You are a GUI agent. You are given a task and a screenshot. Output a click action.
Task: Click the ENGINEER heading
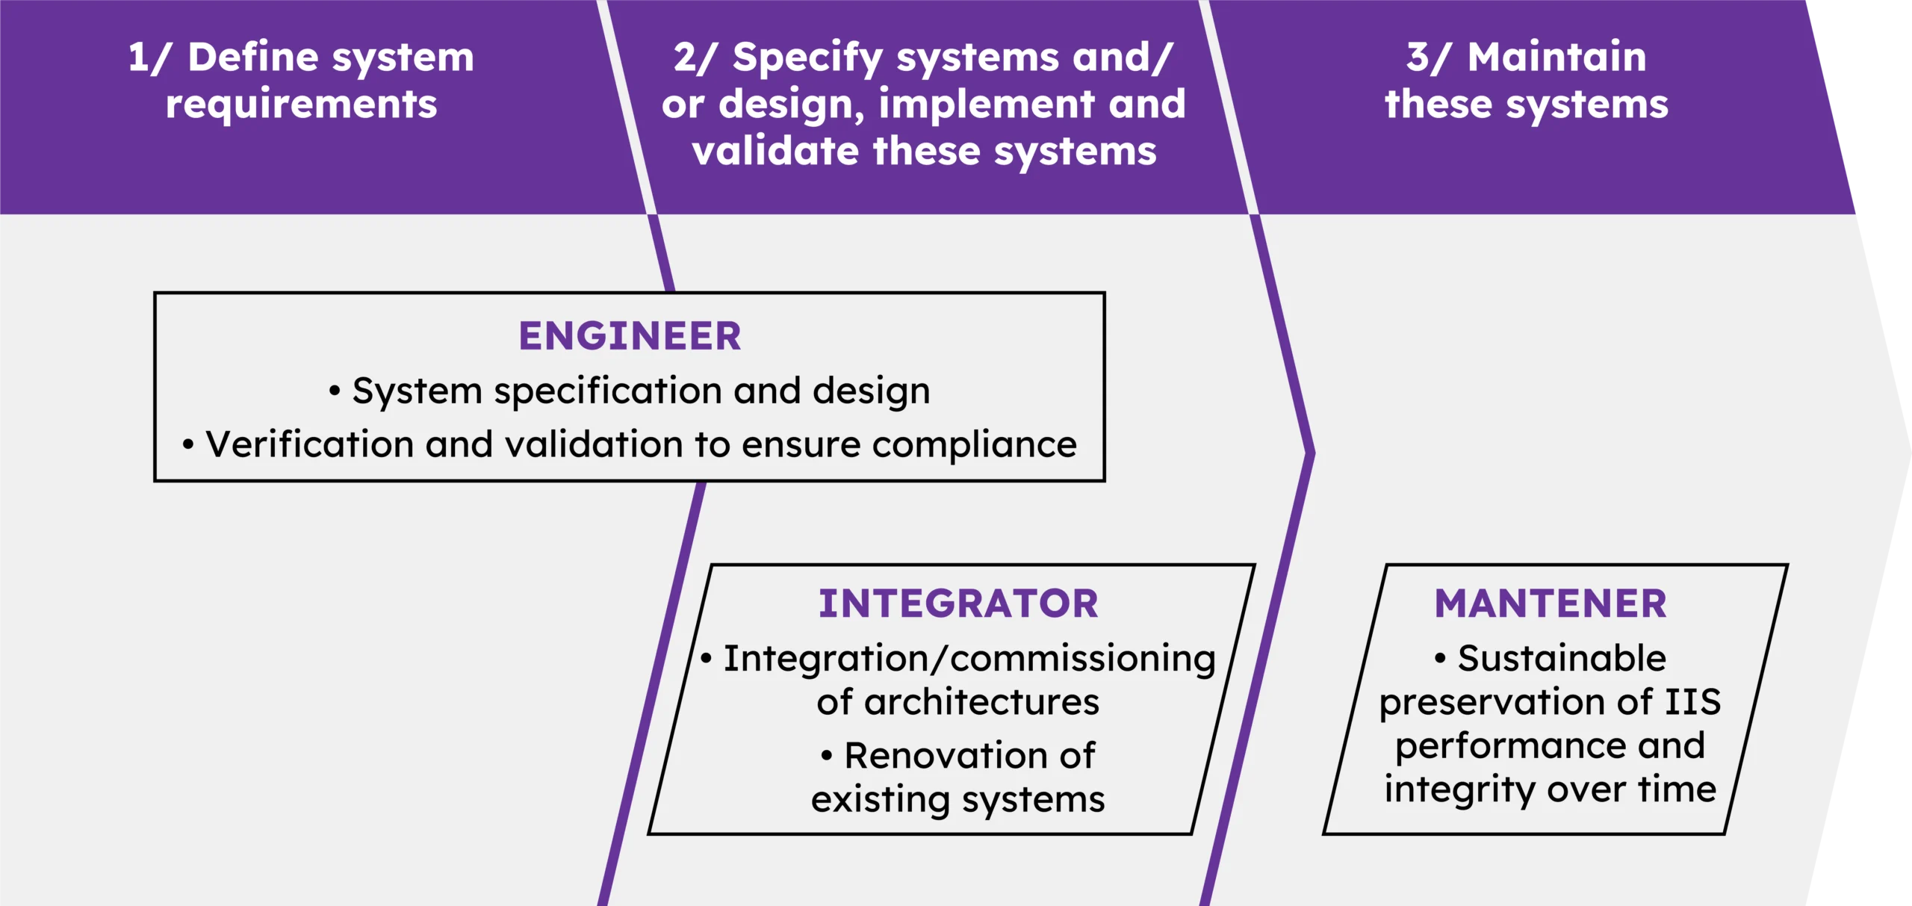630,336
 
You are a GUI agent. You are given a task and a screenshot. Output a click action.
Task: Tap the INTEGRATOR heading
958,604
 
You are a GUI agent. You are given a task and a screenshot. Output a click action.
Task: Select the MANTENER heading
1551,604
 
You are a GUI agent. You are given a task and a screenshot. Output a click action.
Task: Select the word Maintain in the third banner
1557,58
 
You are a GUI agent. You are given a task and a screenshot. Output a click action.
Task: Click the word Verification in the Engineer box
309,444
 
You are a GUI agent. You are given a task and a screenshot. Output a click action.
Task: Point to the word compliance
975,446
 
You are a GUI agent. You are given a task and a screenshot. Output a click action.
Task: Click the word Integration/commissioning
969,660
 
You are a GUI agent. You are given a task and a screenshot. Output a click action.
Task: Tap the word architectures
982,702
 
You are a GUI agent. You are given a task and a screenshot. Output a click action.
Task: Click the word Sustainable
1562,659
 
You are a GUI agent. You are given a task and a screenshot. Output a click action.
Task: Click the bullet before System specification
335,391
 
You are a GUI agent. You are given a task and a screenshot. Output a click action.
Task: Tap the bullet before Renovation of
826,756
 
